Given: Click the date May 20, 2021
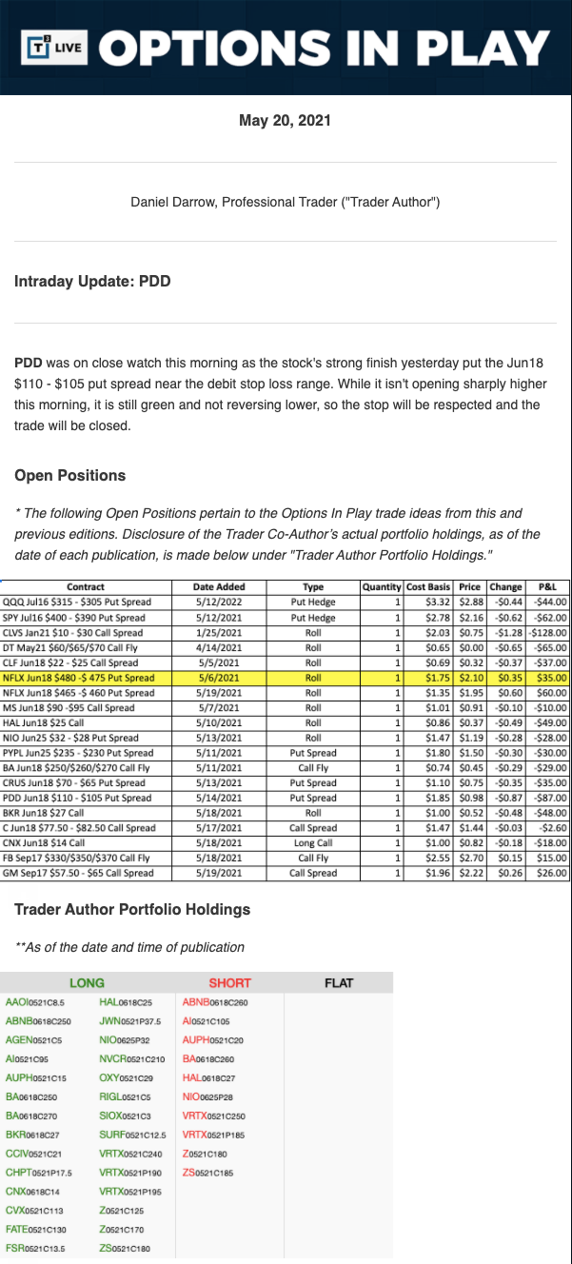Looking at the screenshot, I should pos(286,121).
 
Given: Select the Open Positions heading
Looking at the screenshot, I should pos(69,475).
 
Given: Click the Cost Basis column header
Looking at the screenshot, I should pos(428,587).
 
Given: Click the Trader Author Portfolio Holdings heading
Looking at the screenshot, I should pos(132,909).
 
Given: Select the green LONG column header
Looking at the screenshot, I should pos(87,983).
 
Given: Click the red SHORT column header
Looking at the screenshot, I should pos(229,983).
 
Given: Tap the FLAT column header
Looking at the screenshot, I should pos(339,983).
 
